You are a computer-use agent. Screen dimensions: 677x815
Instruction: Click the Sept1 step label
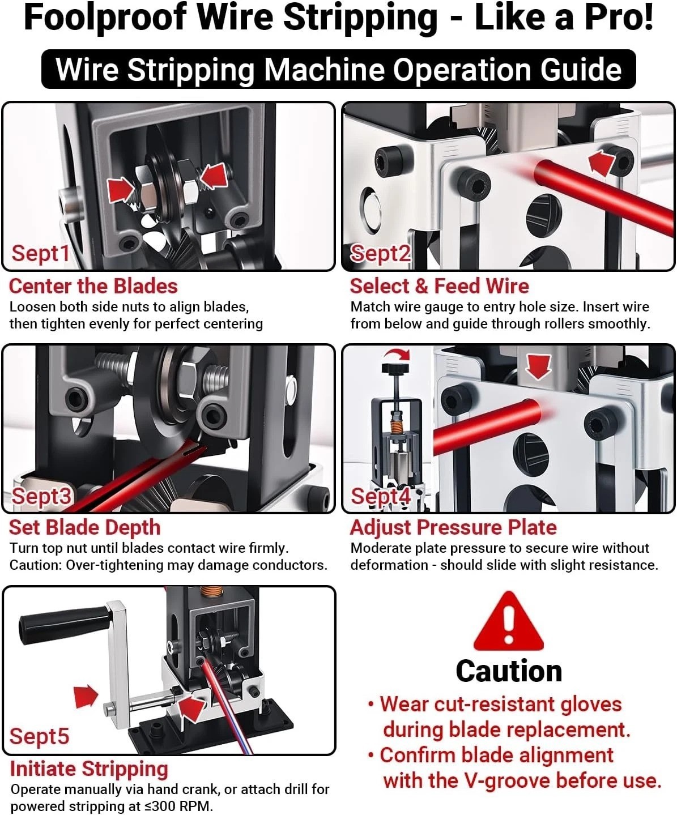pyautogui.click(x=40, y=253)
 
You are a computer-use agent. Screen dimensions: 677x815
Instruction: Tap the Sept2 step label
pyautogui.click(x=380, y=253)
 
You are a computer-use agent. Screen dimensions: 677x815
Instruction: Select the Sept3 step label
pyautogui.click(x=41, y=496)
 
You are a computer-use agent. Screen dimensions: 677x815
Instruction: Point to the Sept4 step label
pyautogui.click(x=381, y=496)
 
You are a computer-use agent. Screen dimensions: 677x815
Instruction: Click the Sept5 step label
pyautogui.click(x=40, y=736)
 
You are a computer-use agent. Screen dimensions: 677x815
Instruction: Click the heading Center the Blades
pyautogui.click(x=93, y=286)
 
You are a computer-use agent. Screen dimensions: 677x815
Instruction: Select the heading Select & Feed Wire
pyautogui.click(x=440, y=286)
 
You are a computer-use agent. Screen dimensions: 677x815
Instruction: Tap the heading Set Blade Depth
pyautogui.click(x=85, y=528)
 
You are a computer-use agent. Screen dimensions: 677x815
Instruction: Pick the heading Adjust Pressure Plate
pyautogui.click(x=453, y=528)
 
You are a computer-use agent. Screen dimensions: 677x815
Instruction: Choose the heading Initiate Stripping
pyautogui.click(x=89, y=769)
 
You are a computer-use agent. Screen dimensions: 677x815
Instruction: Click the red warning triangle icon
pyautogui.click(x=508, y=621)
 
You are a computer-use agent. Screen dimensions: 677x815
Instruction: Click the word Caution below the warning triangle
pyautogui.click(x=509, y=671)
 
